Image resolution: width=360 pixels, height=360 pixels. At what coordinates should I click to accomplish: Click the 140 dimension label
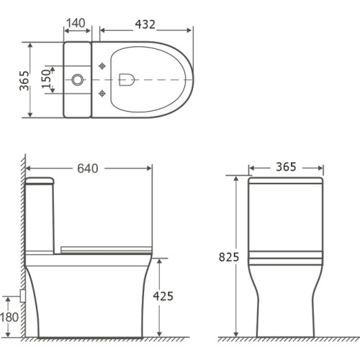click(76, 23)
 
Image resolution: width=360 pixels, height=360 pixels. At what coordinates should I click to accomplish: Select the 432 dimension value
click(145, 24)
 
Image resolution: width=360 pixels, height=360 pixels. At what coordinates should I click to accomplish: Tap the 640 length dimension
click(88, 168)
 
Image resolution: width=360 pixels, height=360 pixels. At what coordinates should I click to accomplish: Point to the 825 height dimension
click(229, 257)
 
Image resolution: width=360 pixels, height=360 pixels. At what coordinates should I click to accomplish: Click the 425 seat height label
click(163, 296)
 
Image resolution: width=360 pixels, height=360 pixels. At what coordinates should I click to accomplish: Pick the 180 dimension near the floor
click(9, 318)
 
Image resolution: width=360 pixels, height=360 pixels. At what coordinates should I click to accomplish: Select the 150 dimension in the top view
click(46, 79)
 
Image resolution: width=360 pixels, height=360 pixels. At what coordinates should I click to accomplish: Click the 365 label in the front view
click(286, 167)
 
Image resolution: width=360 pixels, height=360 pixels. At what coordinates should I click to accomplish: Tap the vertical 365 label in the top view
click(24, 81)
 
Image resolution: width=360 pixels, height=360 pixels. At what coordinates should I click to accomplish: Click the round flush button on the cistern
click(78, 80)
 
